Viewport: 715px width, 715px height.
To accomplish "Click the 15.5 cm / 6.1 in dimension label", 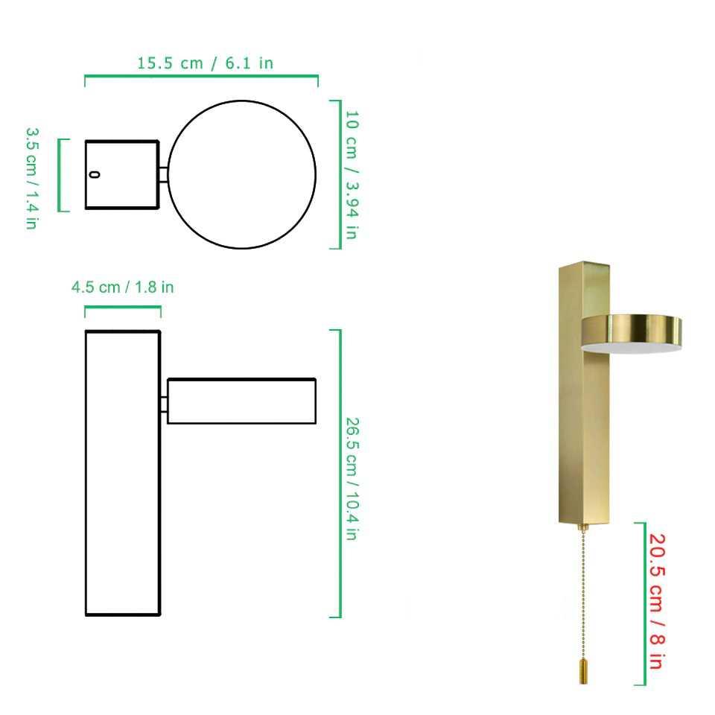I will [205, 63].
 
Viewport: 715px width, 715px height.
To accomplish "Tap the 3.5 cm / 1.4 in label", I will [32, 177].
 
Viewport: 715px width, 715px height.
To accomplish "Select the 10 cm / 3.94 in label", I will [352, 174].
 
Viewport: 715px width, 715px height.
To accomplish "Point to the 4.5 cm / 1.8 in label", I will [122, 287].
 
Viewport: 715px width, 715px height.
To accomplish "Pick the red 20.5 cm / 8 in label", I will [655, 601].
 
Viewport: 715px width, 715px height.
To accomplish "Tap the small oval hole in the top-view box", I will [94, 174].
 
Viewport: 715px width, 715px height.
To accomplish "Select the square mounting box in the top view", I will [122, 174].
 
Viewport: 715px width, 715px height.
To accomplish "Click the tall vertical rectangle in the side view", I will [123, 473].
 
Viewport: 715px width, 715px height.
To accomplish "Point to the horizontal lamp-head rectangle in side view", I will [241, 401].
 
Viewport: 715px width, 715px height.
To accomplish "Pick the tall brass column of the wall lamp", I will [584, 417].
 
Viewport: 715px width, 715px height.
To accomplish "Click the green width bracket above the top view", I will [201, 76].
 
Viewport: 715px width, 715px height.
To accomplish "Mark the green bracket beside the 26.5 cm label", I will [339, 473].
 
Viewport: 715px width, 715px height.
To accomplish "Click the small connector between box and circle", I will [163, 174].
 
